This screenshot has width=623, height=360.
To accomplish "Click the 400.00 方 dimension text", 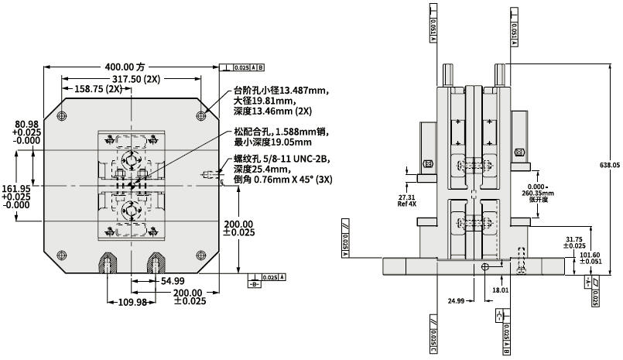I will click(x=125, y=67).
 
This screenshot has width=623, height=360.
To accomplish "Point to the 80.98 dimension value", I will click(x=26, y=124).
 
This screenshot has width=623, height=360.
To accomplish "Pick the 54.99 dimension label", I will click(x=172, y=280).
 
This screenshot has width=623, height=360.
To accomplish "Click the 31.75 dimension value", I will click(x=575, y=239).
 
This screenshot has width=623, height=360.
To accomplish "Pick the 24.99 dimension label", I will click(x=456, y=300).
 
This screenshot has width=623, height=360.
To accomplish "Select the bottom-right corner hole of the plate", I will click(x=201, y=255).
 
